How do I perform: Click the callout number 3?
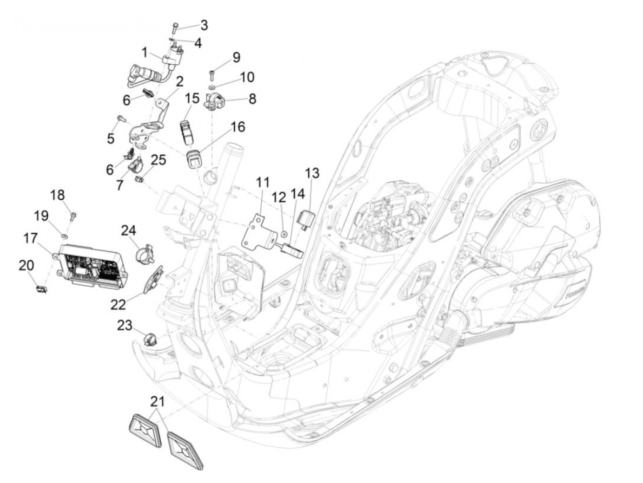click(203, 25)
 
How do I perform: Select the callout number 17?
click(31, 239)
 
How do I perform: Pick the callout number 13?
click(312, 173)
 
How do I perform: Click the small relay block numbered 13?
click(306, 218)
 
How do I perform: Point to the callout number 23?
click(125, 326)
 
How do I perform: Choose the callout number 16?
click(237, 126)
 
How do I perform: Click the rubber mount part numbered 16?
click(193, 159)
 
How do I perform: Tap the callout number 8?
click(252, 98)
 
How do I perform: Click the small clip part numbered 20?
click(41, 289)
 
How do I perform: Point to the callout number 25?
click(158, 160)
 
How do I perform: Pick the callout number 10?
click(247, 77)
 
